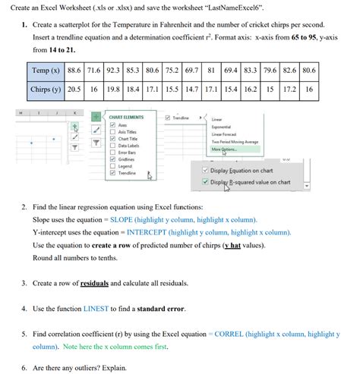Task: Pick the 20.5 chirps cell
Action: pyautogui.click(x=74, y=89)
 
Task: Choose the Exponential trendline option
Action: pyautogui.click(x=223, y=126)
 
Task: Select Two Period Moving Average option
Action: pyautogui.click(x=235, y=142)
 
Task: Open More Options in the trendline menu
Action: pyautogui.click(x=224, y=149)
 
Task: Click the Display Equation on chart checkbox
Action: pyautogui.click(x=195, y=170)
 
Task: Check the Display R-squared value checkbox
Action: pyautogui.click(x=195, y=183)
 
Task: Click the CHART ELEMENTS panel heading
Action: pyautogui.click(x=126, y=118)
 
